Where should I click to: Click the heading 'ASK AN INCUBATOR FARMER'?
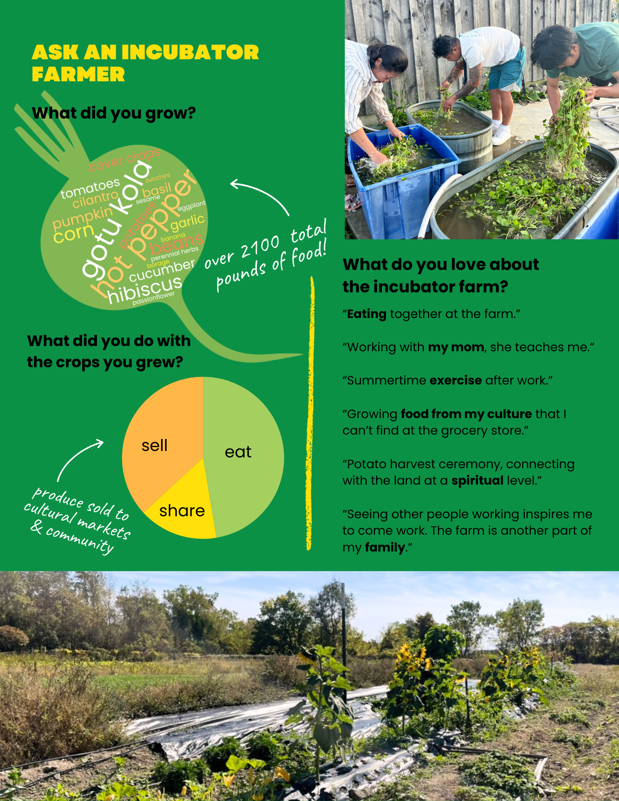(145, 63)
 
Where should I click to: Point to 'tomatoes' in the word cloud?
(90, 188)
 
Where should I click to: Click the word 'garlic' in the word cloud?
(188, 222)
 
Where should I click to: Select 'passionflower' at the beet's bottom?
(153, 298)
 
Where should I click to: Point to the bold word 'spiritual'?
(477, 481)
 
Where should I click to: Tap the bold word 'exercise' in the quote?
(456, 380)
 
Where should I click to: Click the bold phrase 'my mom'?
(456, 347)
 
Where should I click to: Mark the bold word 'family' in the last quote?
(385, 547)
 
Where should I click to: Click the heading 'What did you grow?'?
(114, 113)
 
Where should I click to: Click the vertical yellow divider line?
(310, 413)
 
